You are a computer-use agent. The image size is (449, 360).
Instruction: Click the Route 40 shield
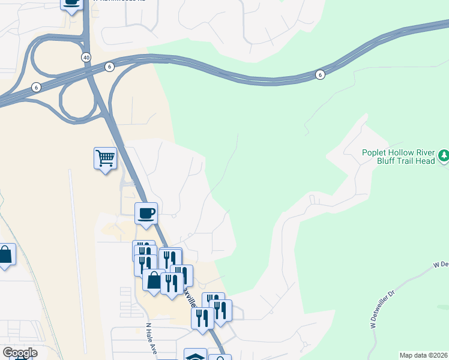(87, 56)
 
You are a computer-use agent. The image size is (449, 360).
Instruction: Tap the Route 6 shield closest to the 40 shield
(109, 67)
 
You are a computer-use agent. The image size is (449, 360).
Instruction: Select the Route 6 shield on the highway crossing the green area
(321, 74)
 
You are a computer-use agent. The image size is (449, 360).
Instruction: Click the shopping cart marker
(105, 158)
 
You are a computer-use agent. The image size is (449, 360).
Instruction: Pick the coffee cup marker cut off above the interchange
(71, 3)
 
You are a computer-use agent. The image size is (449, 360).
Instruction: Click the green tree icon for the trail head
(444, 156)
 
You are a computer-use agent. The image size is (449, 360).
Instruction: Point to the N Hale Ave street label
(151, 340)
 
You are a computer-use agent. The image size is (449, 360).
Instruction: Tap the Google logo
(20, 353)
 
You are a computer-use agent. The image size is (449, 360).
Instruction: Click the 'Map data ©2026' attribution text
(423, 355)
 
